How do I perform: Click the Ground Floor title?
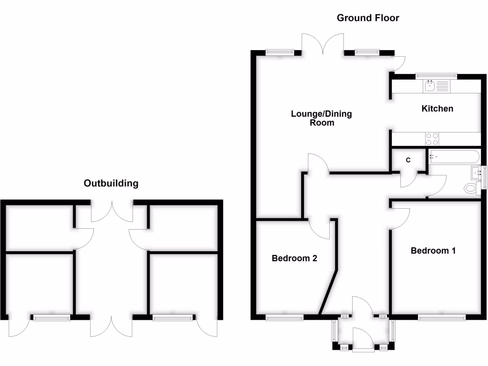367,18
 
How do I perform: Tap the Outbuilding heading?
111,183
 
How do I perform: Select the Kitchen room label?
437,109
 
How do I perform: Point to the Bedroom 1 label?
433,251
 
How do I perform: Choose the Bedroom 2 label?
295,258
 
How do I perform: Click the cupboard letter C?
408,160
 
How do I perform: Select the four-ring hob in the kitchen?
432,139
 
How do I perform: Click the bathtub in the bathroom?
454,155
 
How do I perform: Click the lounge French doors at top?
323,45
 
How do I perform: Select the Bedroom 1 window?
442,317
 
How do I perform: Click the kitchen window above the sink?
436,75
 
